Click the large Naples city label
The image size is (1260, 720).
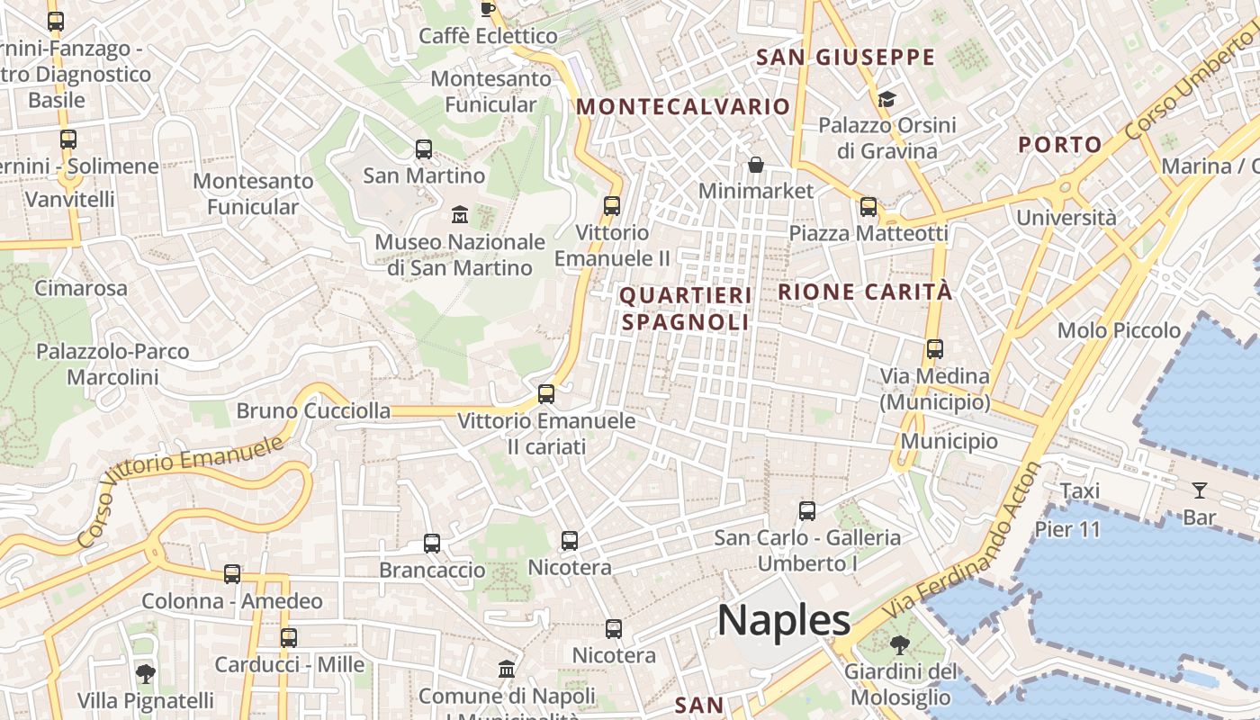point(783,620)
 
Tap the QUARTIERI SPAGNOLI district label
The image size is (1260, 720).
point(685,308)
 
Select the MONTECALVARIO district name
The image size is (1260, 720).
point(683,106)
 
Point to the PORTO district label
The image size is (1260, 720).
point(1060,144)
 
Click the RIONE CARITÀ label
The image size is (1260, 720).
point(865,292)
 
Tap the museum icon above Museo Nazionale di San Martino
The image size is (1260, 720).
point(460,215)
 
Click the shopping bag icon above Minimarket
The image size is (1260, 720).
point(756,165)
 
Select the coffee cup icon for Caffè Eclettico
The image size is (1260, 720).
point(488,9)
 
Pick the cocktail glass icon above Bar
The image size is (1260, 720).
point(1199,490)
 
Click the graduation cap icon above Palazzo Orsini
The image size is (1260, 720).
point(886,99)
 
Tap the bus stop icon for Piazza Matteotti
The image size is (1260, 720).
point(868,207)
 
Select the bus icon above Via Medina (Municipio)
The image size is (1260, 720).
point(935,349)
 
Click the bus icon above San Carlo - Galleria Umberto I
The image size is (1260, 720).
point(807,511)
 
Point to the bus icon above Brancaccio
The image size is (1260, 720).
point(432,544)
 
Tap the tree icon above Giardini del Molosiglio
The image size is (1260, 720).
point(898,645)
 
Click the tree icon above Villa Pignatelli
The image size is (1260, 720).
point(145,673)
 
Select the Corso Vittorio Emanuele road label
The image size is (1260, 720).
point(179,491)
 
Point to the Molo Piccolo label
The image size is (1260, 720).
point(1119,330)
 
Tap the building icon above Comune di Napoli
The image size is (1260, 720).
point(507,670)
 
